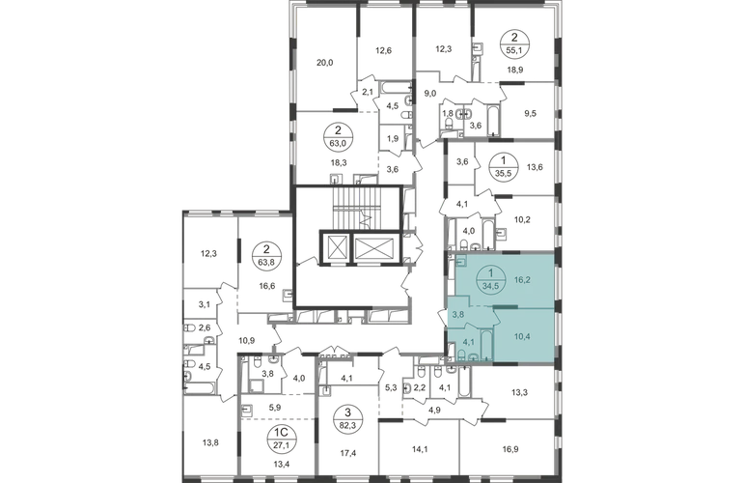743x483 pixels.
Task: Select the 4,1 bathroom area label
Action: [468, 340]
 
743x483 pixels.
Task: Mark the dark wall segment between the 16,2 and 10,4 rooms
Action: [508, 305]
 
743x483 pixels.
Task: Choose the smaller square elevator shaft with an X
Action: [338, 247]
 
